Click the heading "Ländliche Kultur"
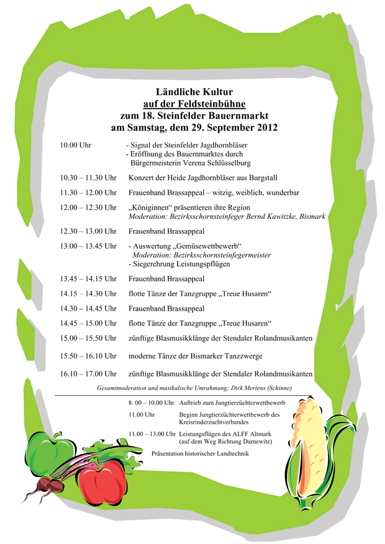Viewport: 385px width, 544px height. pyautogui.click(x=194, y=92)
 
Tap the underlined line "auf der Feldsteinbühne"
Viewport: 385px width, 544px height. pyautogui.click(x=194, y=104)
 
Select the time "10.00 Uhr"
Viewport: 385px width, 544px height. pyautogui.click(x=76, y=145)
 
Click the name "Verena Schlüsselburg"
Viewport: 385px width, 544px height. pyautogui.click(x=215, y=163)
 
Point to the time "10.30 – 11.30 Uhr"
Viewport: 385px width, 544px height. pyautogui.click(x=88, y=178)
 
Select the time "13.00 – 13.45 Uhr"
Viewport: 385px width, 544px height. pyautogui.click(x=88, y=246)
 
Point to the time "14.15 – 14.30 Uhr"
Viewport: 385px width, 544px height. pyautogui.click(x=88, y=293)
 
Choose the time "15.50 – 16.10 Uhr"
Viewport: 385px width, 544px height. pyautogui.click(x=88, y=355)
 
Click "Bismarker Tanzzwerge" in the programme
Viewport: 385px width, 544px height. pyautogui.click(x=228, y=355)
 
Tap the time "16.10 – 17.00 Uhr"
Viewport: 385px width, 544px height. pyautogui.click(x=88, y=374)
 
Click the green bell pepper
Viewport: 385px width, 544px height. pyautogui.click(x=50, y=452)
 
